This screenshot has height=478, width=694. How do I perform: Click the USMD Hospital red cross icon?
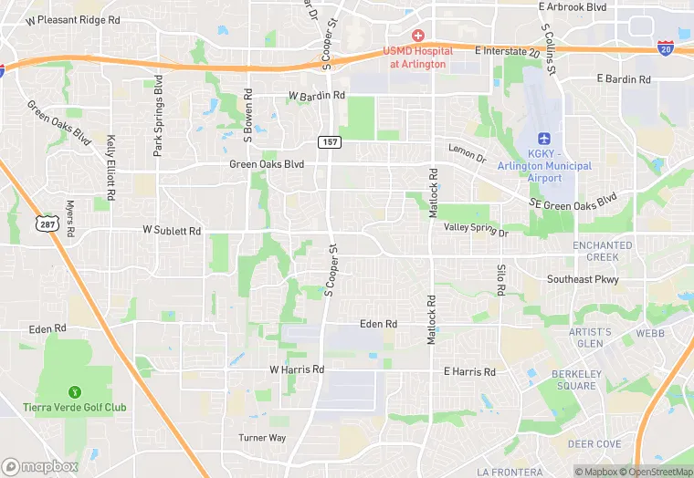click(417, 35)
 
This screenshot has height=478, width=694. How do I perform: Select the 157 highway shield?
click(329, 141)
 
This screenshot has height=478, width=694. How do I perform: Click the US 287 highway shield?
click(47, 223)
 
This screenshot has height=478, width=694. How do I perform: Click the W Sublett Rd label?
click(171, 232)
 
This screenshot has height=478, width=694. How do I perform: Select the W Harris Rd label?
click(297, 369)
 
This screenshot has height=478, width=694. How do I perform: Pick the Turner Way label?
click(262, 438)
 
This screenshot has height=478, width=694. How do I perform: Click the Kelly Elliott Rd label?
click(110, 168)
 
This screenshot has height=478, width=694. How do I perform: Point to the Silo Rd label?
click(501, 279)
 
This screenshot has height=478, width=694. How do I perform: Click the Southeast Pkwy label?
click(583, 279)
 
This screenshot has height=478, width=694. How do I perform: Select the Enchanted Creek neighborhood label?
click(602, 251)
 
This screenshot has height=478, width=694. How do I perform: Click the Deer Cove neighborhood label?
click(594, 444)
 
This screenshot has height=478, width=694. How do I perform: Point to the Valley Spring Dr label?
click(476, 229)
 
